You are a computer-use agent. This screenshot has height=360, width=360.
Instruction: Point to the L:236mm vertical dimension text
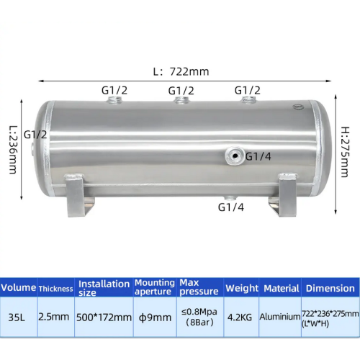click(12, 150)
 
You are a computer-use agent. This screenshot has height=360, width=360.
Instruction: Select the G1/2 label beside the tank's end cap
click(37, 134)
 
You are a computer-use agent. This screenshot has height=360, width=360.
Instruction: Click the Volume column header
click(18, 288)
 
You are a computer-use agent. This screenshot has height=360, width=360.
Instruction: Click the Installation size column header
click(104, 288)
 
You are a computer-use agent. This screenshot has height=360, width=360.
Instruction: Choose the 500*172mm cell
click(104, 315)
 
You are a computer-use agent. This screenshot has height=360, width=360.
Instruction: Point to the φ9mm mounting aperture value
click(154, 315)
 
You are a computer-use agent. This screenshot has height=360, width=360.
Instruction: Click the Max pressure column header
click(199, 288)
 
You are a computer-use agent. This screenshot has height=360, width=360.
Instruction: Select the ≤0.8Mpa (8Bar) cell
click(199, 316)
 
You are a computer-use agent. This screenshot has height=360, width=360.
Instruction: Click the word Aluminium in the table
click(280, 316)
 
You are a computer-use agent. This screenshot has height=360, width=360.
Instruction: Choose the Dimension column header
click(330, 288)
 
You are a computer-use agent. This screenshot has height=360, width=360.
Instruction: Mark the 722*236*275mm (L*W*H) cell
click(330, 316)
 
